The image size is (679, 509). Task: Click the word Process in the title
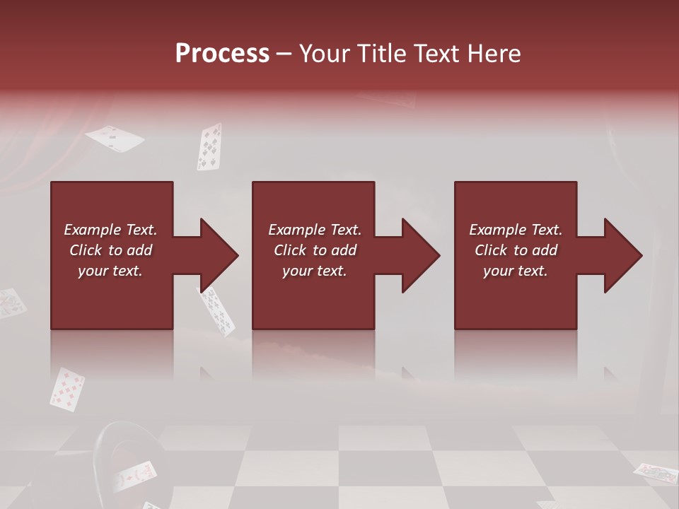pos(222,54)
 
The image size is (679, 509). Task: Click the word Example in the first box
pos(93,230)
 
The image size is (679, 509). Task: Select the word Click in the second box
pos(289,250)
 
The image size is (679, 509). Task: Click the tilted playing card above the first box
pos(115,138)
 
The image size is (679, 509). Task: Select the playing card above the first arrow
pos(209,147)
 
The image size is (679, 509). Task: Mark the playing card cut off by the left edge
pos(10,303)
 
